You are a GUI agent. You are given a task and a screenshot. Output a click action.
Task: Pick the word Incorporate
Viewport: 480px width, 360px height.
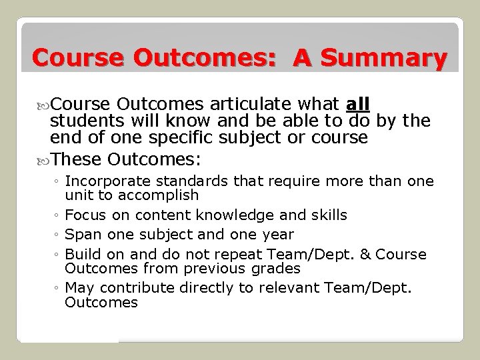coord(104,181)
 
